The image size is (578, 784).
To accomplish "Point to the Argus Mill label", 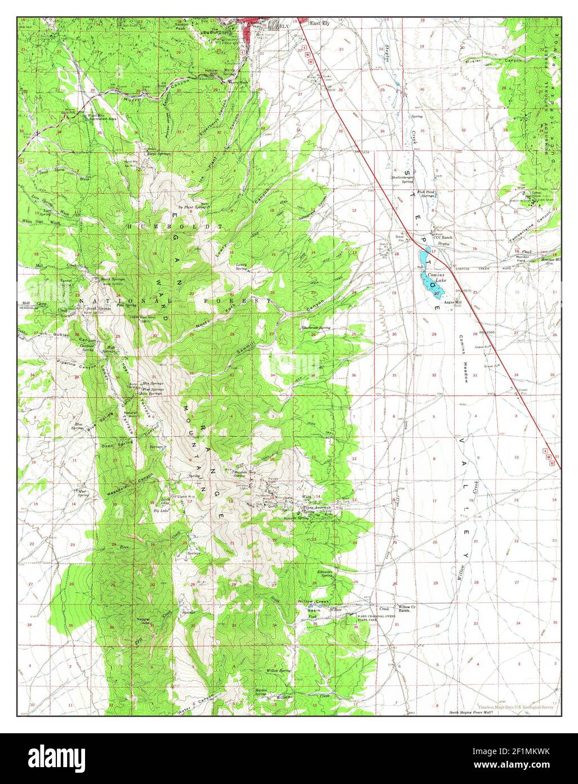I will click(452, 302).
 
